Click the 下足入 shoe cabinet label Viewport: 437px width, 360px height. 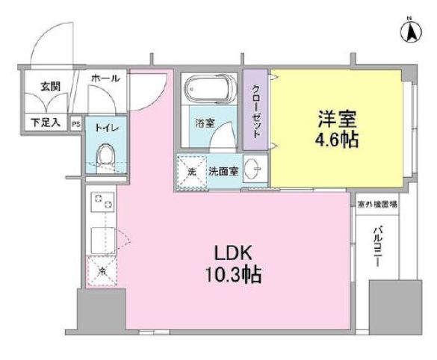click(45, 122)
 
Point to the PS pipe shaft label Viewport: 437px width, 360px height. click(75, 124)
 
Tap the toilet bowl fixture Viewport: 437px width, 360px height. click(104, 156)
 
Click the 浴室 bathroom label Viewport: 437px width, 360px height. click(205, 122)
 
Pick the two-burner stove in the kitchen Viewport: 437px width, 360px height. click(101, 202)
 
